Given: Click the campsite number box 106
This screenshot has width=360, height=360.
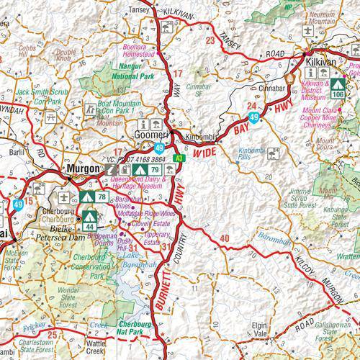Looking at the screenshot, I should (338, 95).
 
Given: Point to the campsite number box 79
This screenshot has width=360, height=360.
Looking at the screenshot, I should (154, 169).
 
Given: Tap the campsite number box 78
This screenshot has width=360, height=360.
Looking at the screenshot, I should (102, 197).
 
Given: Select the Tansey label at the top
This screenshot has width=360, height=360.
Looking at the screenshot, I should (139, 10).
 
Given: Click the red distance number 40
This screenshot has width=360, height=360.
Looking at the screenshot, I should (225, 238).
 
